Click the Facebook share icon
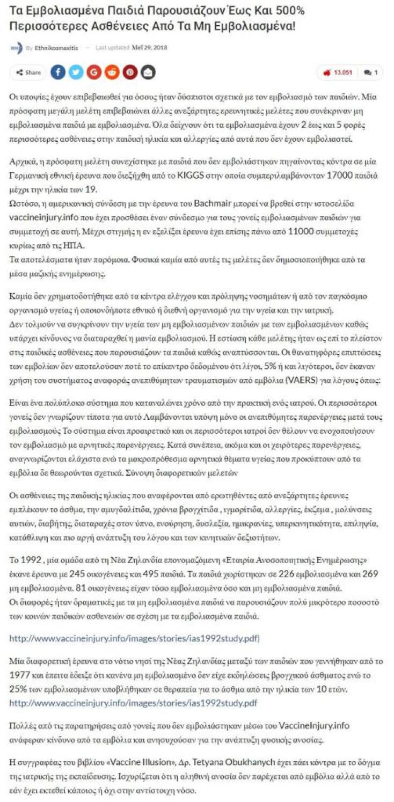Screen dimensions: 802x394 click(58, 72)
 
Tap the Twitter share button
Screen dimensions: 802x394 click(76, 72)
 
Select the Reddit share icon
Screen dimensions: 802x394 click(112, 72)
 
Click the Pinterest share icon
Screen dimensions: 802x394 click(130, 72)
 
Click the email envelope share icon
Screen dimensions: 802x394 click(148, 72)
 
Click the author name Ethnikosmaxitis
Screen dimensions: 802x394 click(56, 48)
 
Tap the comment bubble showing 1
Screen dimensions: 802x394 click(371, 72)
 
